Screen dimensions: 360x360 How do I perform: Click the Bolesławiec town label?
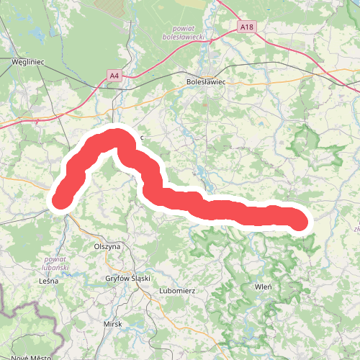point(206,82)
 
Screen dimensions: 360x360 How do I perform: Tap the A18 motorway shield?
point(246,27)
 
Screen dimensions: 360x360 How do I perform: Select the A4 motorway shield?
point(114,74)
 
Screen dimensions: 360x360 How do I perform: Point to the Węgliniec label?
point(28,62)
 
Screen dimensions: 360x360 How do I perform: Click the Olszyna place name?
point(107,246)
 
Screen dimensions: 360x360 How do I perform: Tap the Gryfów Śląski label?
point(127,279)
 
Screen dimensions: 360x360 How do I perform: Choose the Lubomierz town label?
point(176,291)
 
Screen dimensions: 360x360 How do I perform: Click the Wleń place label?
point(264,287)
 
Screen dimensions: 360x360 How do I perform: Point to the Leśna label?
point(48,281)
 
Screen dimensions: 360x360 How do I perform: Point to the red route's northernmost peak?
point(115,136)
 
